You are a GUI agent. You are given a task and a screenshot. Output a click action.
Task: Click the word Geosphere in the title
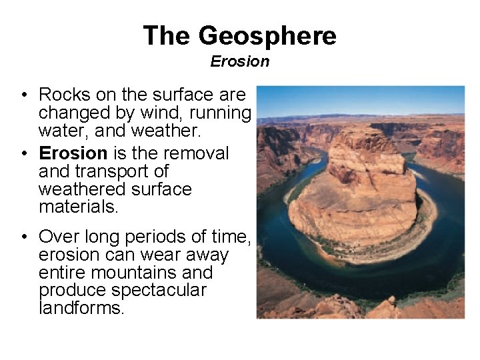(x=267, y=35)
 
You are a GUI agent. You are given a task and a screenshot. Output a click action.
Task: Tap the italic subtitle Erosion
(x=240, y=61)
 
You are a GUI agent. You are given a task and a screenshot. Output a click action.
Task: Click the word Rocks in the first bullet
(x=63, y=95)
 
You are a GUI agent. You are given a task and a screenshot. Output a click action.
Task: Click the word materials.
(x=79, y=207)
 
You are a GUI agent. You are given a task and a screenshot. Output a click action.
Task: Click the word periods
(x=160, y=237)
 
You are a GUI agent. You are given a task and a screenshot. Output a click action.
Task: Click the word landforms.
(x=81, y=308)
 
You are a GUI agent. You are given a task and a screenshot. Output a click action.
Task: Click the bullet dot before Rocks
(x=23, y=95)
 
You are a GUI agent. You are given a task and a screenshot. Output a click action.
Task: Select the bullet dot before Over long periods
(x=23, y=237)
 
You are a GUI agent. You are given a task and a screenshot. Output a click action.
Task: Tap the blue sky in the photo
(x=360, y=100)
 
